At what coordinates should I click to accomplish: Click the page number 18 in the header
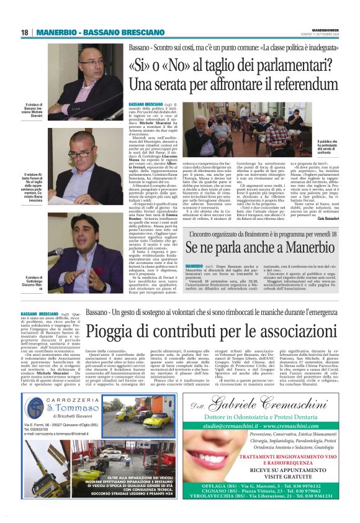click(x=25, y=32)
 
